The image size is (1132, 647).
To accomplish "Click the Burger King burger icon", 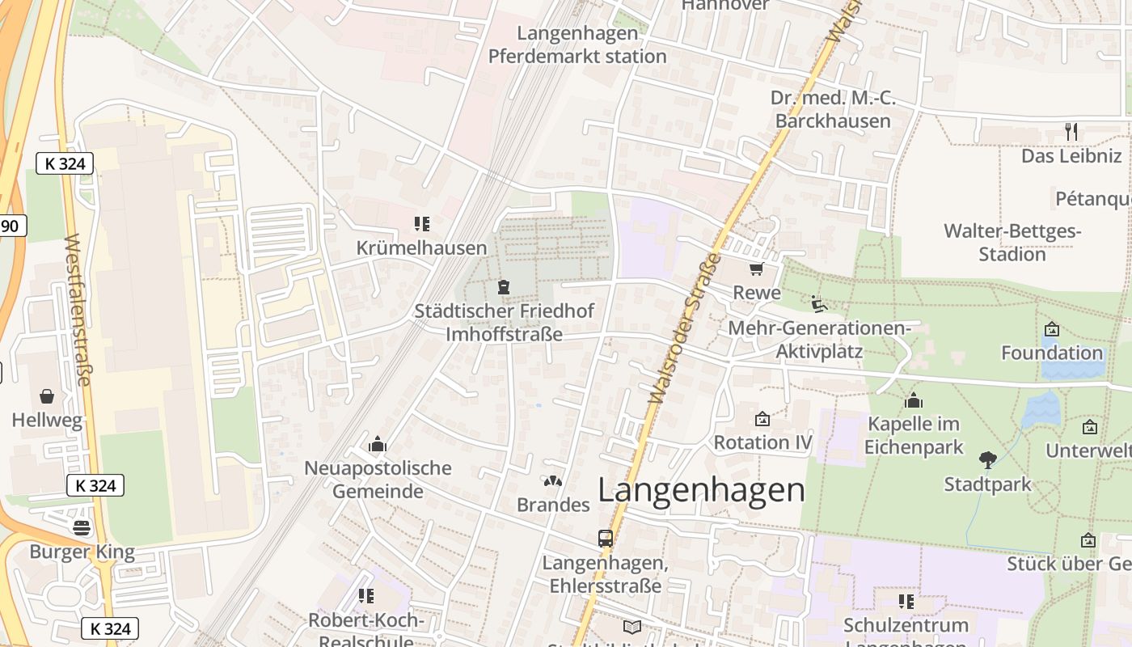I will [82, 528].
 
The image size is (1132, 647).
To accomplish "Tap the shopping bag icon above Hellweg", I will [47, 396].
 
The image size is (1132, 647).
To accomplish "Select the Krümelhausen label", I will [421, 248].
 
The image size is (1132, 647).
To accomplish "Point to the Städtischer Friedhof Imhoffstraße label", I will [504, 322].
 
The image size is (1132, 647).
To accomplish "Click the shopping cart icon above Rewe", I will [757, 269].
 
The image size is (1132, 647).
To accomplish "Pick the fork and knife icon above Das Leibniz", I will [1071, 131].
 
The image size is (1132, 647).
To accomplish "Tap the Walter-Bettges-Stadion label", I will [1012, 243].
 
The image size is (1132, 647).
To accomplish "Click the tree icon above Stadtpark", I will [987, 460].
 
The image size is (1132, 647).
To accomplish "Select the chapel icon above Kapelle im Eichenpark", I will [914, 400].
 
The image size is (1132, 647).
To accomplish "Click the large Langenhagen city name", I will [702, 490].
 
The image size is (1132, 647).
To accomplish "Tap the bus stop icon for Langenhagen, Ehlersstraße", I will [605, 538].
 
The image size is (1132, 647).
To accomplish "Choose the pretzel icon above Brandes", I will [553, 481].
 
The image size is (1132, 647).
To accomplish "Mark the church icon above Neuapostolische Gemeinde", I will [377, 444].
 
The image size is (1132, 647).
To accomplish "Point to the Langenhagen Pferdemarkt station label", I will [577, 45].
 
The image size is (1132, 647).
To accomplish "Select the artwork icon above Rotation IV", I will [762, 419].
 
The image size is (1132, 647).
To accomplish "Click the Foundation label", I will [1052, 353].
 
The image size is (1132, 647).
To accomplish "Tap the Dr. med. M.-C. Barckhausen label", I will [833, 109].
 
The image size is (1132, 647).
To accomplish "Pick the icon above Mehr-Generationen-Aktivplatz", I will [818, 304].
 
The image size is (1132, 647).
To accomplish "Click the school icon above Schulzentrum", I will [906, 601].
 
